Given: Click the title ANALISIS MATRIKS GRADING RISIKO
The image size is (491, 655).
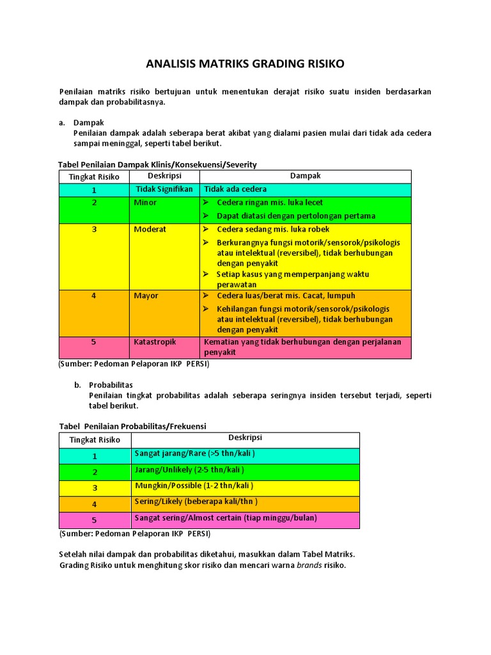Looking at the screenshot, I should tap(245, 64).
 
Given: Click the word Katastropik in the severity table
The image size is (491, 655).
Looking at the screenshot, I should tap(155, 342).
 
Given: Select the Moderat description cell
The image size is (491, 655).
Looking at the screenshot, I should tap(150, 229).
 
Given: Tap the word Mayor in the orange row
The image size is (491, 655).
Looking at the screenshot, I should tap(146, 296).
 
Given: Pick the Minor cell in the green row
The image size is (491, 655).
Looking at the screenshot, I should tap(145, 203).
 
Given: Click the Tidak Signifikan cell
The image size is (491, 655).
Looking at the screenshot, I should tap(164, 189).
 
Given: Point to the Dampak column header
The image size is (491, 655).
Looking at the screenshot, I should tap(305, 176).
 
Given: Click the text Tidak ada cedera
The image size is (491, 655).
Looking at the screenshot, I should tap(235, 189).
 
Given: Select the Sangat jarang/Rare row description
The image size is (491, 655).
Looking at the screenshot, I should tap(194, 454).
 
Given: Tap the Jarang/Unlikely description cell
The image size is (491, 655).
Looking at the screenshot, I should tap(189, 470).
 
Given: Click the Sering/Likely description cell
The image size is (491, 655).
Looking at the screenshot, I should tap(196, 501).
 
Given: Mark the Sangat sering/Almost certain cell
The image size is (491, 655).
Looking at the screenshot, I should tap(225, 518).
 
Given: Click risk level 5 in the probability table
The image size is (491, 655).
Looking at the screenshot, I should tap(95, 520).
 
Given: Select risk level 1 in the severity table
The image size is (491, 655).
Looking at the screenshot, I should tap(94, 190).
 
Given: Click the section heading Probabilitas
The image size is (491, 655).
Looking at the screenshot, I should tap(111, 385).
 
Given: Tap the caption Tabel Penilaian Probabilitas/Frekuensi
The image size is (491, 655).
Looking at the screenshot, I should tap(132, 426).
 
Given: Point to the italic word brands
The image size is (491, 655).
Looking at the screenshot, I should tap(309, 565).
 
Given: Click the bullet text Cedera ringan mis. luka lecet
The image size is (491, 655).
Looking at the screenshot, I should tap(270, 203).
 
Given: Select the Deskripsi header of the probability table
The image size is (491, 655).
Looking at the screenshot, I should tap(245, 438).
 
